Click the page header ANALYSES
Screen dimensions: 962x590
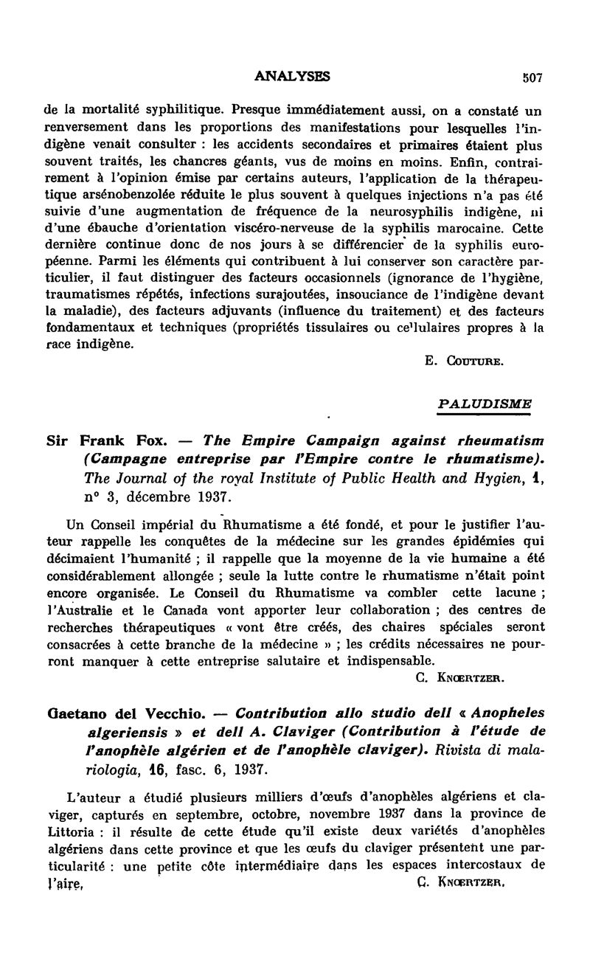click(291, 76)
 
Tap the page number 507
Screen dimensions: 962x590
click(531, 77)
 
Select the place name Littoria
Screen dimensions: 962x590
click(68, 828)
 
